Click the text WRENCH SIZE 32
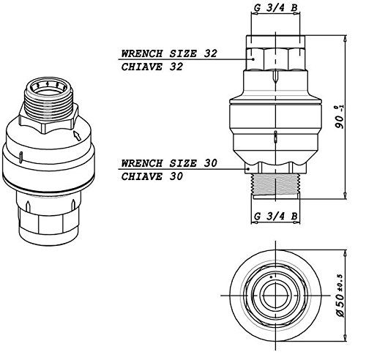pyautogui.click(x=169, y=53)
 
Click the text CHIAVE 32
pyautogui.click(x=152, y=67)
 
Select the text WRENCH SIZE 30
pyautogui.click(x=169, y=163)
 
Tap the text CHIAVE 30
pyautogui.click(x=152, y=176)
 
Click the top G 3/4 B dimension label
pyautogui.click(x=275, y=7)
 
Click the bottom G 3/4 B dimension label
pyautogui.click(x=275, y=216)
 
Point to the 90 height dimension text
pyautogui.click(x=340, y=117)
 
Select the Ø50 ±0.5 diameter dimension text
pyautogui.click(x=340, y=296)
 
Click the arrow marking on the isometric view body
pyautogui.click(x=78, y=135)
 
